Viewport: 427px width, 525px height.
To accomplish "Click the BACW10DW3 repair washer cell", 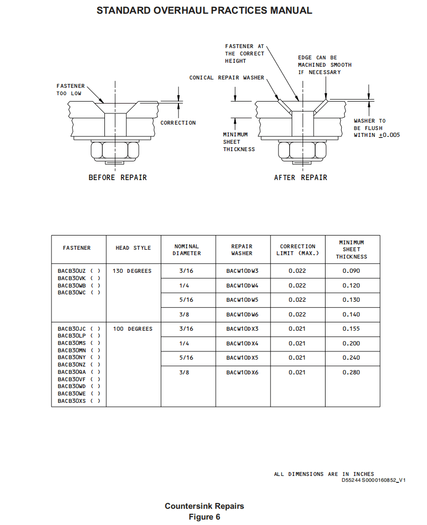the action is point(242,271).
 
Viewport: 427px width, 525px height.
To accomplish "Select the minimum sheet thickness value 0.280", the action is point(351,372).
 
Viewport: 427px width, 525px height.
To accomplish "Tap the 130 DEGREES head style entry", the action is point(132,271).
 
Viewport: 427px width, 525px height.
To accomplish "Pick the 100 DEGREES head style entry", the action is point(132,329).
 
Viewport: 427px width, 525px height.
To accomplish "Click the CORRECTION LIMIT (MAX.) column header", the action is point(298,250).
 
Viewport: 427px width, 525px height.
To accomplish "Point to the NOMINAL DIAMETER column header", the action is point(187,250).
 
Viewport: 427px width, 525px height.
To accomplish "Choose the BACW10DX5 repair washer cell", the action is point(242,358).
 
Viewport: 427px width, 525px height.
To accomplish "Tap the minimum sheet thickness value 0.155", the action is point(351,329).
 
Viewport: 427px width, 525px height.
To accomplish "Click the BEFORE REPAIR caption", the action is point(118,178).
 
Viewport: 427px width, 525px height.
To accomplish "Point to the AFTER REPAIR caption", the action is point(301,178).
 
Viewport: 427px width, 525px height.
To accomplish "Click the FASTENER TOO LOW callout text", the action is point(71,90).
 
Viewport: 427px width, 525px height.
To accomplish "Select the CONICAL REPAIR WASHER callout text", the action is point(226,78).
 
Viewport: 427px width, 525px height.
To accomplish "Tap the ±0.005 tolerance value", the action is point(389,135).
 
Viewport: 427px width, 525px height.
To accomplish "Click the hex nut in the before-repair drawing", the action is point(115,150).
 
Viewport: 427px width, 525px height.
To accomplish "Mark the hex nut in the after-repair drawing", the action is point(302,150).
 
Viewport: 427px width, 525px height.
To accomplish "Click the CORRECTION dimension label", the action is point(178,123).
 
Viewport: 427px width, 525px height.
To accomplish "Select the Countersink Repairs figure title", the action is point(204,506).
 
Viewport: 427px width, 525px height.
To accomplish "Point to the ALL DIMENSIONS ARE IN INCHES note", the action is point(324,474).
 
